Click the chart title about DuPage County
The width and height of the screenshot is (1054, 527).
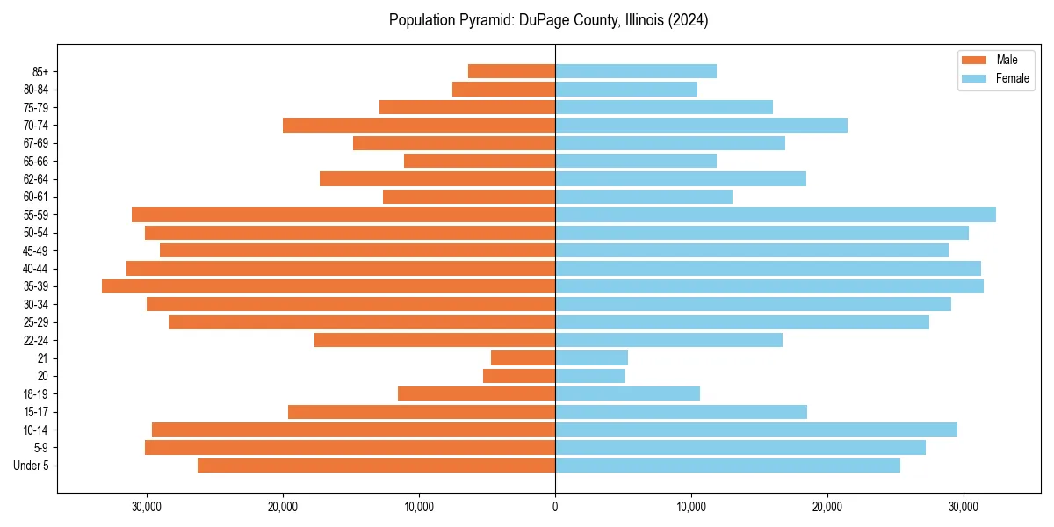(548, 20)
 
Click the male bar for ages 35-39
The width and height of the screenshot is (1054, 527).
(328, 286)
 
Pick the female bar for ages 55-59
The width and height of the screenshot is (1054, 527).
(775, 214)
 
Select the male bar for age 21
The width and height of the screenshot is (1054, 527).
(523, 357)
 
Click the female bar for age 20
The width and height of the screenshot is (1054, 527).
(590, 376)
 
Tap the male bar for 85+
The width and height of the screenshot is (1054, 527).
(511, 71)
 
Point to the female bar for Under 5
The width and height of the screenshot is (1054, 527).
(727, 466)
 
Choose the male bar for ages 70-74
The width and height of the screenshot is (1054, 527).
(419, 125)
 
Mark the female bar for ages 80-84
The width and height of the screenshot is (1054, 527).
(626, 89)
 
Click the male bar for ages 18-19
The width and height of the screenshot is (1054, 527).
(476, 393)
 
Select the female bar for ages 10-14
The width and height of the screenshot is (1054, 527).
(755, 430)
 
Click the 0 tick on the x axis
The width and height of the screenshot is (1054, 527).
(555, 507)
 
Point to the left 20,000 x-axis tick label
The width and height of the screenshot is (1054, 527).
(283, 507)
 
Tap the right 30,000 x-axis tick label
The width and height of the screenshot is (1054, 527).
(964, 507)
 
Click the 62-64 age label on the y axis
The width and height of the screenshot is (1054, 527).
(36, 179)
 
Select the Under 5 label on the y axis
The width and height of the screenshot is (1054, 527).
(32, 466)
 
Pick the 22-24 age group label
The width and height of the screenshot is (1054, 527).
(36, 340)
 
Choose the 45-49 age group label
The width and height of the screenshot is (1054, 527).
(36, 250)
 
